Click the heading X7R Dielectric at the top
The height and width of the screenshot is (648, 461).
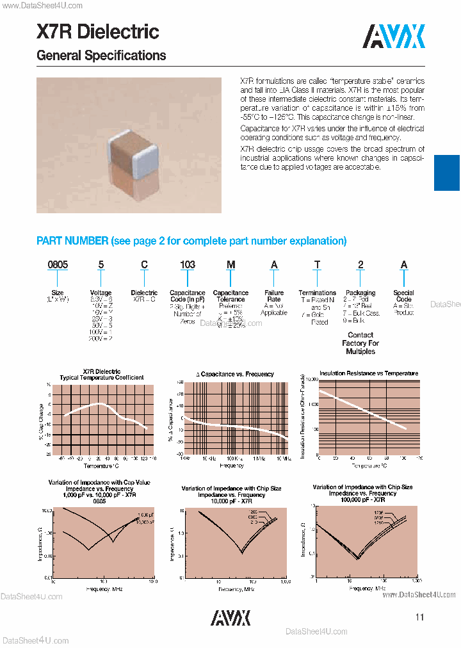[x=98, y=31]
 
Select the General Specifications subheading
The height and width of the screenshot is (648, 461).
[x=101, y=56]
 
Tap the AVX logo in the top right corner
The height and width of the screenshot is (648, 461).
[x=394, y=36]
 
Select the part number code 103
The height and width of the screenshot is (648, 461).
[x=187, y=264]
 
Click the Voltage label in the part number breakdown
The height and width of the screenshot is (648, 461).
[x=101, y=293]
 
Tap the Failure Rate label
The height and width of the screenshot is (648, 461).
[x=274, y=296]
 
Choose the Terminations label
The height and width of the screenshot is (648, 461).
[x=318, y=293]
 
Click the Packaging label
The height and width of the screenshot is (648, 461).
[x=360, y=293]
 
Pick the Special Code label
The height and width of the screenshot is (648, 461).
[x=403, y=296]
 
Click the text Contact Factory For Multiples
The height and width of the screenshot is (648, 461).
[x=360, y=343]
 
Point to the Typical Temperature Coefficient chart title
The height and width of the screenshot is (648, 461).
[x=102, y=378]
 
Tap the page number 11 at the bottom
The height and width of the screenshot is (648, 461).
[x=419, y=617]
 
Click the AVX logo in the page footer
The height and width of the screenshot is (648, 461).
[x=230, y=617]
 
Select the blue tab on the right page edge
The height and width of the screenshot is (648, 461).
[x=447, y=173]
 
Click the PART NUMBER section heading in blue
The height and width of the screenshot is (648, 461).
[x=191, y=241]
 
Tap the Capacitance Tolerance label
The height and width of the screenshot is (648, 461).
[x=230, y=296]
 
